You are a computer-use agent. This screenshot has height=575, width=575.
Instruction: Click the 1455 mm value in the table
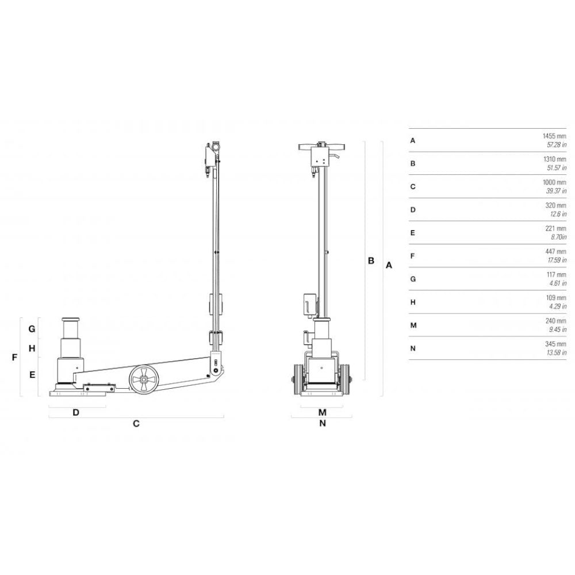click(x=554, y=136)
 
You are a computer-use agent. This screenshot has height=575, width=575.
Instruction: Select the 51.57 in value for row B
click(x=557, y=168)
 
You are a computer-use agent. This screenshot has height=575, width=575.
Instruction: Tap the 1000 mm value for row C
click(x=554, y=182)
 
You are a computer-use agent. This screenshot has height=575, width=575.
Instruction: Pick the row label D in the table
click(x=413, y=210)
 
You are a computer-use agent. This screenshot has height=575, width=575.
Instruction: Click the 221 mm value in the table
click(x=555, y=228)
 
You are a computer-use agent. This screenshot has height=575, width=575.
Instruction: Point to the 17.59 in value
click(x=557, y=260)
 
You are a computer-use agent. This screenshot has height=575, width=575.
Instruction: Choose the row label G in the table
click(x=413, y=279)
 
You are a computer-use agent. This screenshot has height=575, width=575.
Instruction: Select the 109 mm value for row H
click(x=556, y=298)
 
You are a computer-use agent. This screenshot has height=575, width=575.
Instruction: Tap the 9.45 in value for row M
click(x=558, y=329)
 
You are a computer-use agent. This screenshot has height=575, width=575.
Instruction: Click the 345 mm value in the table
click(x=555, y=344)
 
